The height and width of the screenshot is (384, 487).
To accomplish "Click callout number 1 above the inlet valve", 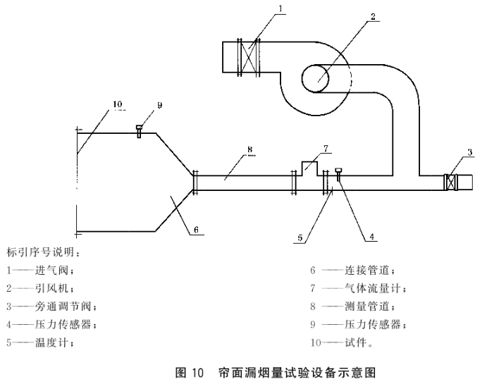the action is (281, 8).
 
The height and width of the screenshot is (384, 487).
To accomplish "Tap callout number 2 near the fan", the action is (373, 16).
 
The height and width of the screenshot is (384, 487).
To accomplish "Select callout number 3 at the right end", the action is (469, 152).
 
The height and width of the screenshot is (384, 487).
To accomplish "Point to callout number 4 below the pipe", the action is (372, 237).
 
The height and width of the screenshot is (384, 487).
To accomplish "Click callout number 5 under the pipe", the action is (300, 238).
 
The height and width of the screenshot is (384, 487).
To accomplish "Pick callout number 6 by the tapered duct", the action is (196, 230).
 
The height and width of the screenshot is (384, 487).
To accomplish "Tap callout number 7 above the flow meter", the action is (326, 149).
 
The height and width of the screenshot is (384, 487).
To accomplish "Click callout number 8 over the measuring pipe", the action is (250, 149).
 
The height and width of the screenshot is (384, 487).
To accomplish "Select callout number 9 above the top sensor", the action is (160, 105).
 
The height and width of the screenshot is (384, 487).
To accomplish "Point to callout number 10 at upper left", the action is (118, 104).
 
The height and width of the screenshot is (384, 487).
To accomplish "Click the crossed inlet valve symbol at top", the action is (249, 58).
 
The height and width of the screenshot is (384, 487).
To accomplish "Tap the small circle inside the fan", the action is (315, 78).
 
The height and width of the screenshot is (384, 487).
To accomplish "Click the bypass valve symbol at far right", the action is (450, 182).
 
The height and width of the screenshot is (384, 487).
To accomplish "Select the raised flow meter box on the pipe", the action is (309, 168).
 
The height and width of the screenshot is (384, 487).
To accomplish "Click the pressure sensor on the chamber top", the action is (139, 131).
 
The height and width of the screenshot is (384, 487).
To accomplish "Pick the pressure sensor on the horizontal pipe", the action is (338, 174).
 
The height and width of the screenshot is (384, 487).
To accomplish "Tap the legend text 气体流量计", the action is (372, 288).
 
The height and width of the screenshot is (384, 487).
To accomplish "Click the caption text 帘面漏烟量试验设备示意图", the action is (297, 373).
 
